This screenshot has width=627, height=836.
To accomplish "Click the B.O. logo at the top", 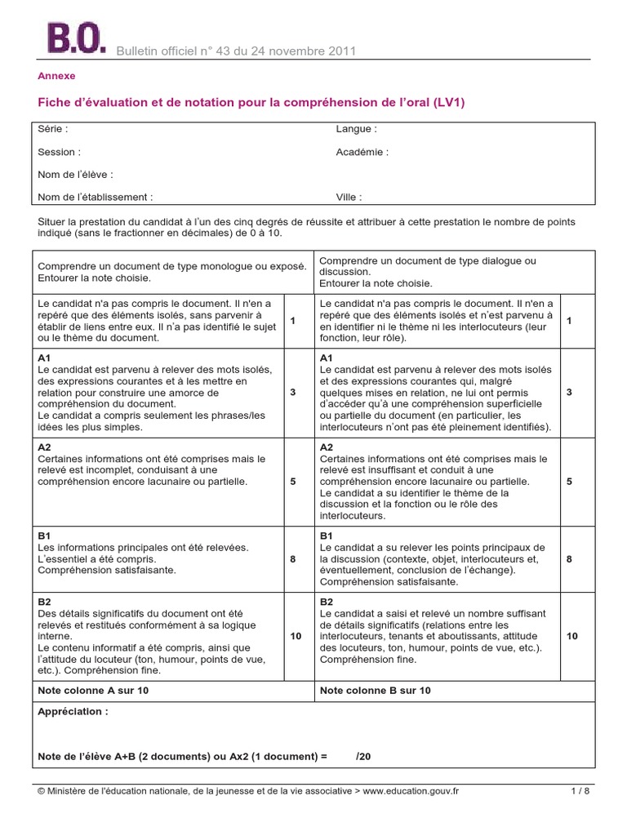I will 76,38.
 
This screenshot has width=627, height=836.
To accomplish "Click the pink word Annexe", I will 56,76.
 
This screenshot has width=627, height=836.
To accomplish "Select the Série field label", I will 53,129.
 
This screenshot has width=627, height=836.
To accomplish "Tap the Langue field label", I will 356,129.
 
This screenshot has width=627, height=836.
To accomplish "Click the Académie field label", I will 362,152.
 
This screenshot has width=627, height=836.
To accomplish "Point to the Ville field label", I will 349,197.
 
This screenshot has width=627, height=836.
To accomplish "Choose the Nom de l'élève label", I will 75,174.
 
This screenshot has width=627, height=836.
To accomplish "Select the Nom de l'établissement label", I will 95,197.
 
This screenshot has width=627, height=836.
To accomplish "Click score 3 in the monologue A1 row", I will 292,393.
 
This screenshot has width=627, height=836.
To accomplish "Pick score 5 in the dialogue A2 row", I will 569,482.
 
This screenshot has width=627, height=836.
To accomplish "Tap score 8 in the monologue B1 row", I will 292,559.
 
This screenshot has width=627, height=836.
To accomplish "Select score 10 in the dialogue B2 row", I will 572,635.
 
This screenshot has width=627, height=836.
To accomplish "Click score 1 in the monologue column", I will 292,321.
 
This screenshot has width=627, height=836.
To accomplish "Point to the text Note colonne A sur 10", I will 94,691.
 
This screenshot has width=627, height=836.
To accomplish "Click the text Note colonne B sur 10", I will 376,691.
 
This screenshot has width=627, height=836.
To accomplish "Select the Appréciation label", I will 73,712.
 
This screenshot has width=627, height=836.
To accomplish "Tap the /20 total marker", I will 363,757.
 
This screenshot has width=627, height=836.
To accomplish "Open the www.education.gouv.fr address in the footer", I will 411,791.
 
